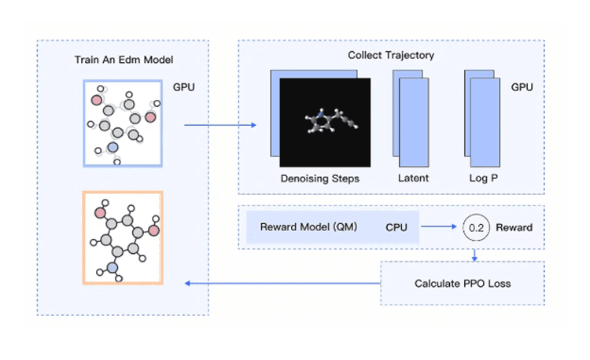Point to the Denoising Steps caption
coord(319,178)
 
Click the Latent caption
coord(413,178)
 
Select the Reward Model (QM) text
coord(308,227)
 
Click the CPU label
coord(397,227)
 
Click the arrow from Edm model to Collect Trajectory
coord(220,125)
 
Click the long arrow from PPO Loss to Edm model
coord(283,283)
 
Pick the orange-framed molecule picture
coord(123,237)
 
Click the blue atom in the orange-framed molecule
coord(112,268)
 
